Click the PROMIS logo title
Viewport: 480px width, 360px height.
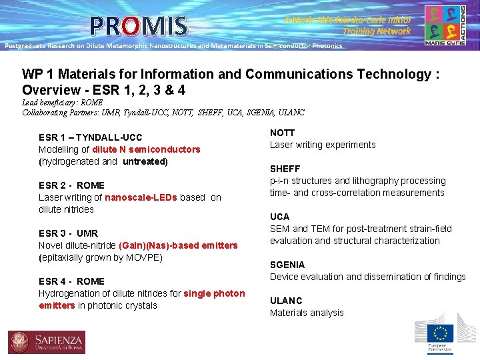[x=139, y=26]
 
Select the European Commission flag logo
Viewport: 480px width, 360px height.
[x=439, y=334]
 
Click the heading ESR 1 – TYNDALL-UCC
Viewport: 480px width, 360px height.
[x=90, y=137]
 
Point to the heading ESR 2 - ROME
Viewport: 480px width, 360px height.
[x=71, y=185]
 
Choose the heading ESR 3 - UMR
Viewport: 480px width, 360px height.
[x=68, y=233]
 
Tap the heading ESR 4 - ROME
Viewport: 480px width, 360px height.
[x=71, y=281]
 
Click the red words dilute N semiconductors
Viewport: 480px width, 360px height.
[x=146, y=149]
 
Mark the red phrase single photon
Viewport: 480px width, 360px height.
[x=214, y=293]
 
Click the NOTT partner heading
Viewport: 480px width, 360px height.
[x=282, y=133]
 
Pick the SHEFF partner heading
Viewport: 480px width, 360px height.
[x=285, y=169]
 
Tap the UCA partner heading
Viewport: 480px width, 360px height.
[x=279, y=217]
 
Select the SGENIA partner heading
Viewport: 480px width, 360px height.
[x=287, y=265]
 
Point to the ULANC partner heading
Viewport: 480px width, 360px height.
[x=286, y=301]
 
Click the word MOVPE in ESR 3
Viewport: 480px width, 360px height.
[x=145, y=257]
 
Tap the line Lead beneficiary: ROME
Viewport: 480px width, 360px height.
[x=62, y=103]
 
